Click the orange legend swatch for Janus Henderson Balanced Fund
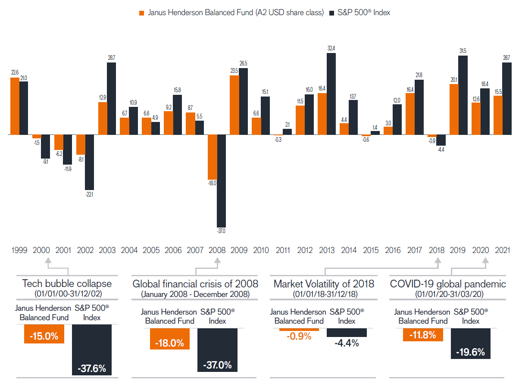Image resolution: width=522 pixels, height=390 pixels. (x=141, y=13)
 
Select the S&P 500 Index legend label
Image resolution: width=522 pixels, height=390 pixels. (x=365, y=12)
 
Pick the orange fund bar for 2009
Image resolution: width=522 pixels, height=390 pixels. (x=234, y=105)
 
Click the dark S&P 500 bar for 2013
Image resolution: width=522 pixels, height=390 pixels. (x=331, y=94)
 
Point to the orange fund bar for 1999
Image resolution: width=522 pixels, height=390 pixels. (x=15, y=106)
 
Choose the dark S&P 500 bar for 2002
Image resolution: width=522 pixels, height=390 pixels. (x=90, y=162)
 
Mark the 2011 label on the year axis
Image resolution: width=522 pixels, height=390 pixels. (x=282, y=250)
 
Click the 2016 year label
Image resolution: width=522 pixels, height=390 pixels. (x=392, y=250)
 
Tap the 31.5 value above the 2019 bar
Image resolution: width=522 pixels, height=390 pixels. (x=463, y=51)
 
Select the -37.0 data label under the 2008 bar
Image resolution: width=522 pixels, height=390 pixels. (x=222, y=231)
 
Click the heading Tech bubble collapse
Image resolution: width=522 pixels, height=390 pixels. (x=67, y=284)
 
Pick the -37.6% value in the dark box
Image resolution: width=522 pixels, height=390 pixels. (x=91, y=369)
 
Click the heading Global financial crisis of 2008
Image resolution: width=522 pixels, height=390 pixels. (x=195, y=284)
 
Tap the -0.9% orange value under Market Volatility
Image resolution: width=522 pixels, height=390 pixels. (x=299, y=336)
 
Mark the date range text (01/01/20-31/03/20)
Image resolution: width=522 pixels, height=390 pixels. (x=447, y=294)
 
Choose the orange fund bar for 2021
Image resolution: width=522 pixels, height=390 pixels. (x=498, y=115)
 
